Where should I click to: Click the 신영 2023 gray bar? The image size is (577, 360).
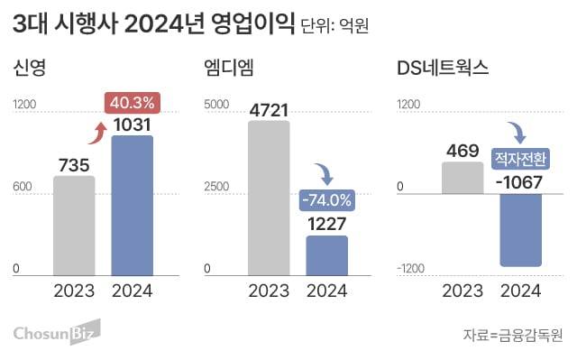74,226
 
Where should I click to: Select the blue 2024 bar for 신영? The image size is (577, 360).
132,205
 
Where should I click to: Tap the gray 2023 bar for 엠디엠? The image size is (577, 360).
269,198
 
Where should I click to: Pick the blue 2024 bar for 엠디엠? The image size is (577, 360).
326,255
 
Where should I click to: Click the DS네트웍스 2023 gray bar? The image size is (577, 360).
463,178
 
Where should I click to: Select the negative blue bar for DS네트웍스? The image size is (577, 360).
521,230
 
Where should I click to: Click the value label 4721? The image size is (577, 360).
269,109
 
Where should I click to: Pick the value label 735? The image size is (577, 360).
74,164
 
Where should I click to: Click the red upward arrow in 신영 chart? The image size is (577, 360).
95,134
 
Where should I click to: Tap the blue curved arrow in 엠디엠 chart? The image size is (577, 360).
322,171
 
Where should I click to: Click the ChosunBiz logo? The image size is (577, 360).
56,333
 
